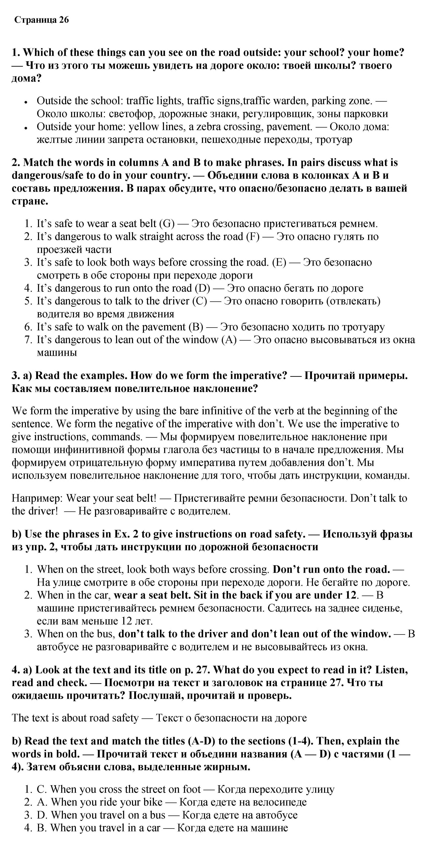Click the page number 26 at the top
pyautogui.click(x=64, y=20)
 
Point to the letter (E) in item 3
pyautogui.click(x=279, y=263)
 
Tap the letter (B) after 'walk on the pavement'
pyautogui.click(x=196, y=327)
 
